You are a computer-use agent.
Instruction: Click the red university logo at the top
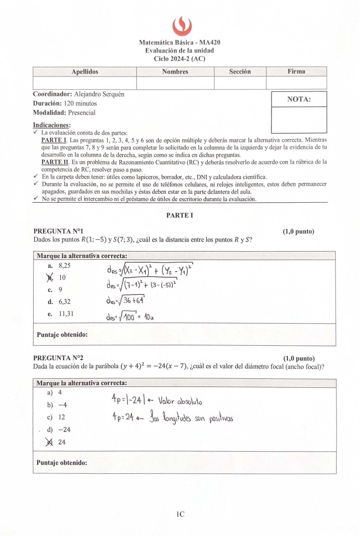tap(182, 26)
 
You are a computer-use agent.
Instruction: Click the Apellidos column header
tap(85, 72)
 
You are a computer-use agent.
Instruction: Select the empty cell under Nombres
tap(175, 83)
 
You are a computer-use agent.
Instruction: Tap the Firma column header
tap(296, 71)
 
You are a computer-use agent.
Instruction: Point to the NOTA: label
tap(299, 99)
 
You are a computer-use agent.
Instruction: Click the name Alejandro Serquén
tap(99, 94)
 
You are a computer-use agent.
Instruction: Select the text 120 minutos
tap(80, 104)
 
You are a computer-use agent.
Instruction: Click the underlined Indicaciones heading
tap(52, 125)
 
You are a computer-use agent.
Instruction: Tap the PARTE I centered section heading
tap(179, 215)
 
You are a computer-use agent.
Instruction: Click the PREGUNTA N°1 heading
tap(58, 231)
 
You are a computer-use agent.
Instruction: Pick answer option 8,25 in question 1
tap(64, 266)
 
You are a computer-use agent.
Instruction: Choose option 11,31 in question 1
tap(66, 314)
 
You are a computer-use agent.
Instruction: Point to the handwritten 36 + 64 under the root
tap(133, 300)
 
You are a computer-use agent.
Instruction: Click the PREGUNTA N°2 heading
tap(58, 358)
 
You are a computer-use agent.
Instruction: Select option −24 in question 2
tap(64, 430)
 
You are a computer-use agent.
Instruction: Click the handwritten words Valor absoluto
tap(180, 401)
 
